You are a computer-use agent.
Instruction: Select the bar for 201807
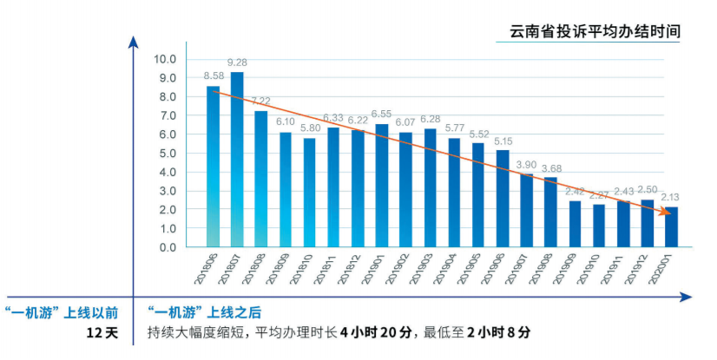click(237, 160)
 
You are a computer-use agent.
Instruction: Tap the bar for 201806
click(213, 167)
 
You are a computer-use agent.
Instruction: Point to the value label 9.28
click(237, 62)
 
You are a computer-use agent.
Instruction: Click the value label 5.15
click(503, 141)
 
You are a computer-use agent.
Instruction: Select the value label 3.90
click(527, 164)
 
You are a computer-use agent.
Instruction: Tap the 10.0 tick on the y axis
click(164, 59)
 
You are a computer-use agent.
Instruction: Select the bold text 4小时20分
click(375, 333)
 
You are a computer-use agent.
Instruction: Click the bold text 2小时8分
click(498, 333)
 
